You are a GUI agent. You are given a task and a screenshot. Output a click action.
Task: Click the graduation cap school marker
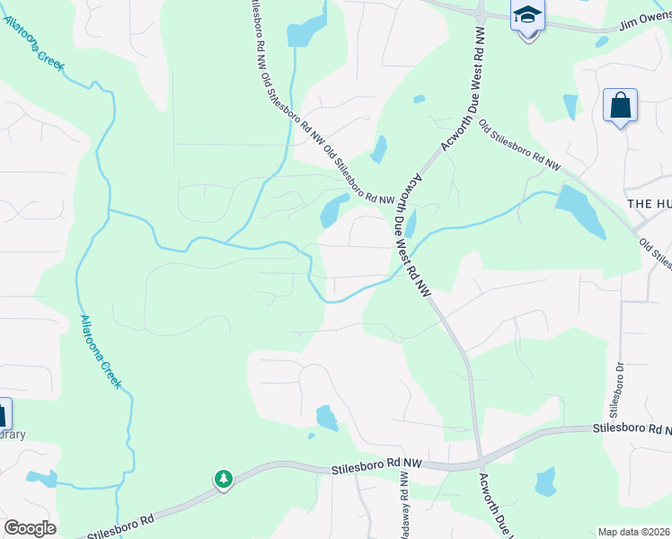pos(527,17)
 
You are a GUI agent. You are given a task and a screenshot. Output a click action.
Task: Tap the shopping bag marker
pos(620,106)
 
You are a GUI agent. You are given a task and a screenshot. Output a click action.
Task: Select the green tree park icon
pos(223,480)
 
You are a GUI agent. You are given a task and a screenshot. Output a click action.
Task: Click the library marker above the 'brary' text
pos(4,414)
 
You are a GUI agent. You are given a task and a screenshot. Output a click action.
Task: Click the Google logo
pos(30,528)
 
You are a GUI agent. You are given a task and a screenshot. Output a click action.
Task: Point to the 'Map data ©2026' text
pos(633,532)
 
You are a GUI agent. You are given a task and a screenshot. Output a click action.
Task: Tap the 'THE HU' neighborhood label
pos(649,204)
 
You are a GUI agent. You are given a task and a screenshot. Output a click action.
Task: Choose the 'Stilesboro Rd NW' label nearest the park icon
pos(376,464)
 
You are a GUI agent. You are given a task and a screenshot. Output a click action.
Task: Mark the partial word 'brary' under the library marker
pos(13,435)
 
